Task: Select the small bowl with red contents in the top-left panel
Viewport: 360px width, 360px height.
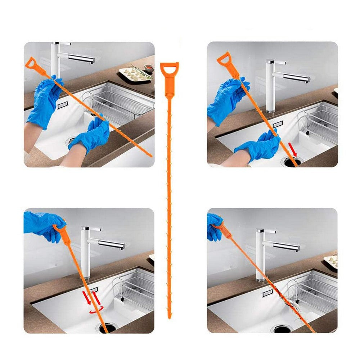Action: coord(148,67)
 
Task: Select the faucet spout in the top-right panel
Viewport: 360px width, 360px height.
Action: coord(295,77)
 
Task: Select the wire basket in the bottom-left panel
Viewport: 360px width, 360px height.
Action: coord(135,288)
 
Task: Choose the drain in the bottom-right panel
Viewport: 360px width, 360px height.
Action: coord(283,328)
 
